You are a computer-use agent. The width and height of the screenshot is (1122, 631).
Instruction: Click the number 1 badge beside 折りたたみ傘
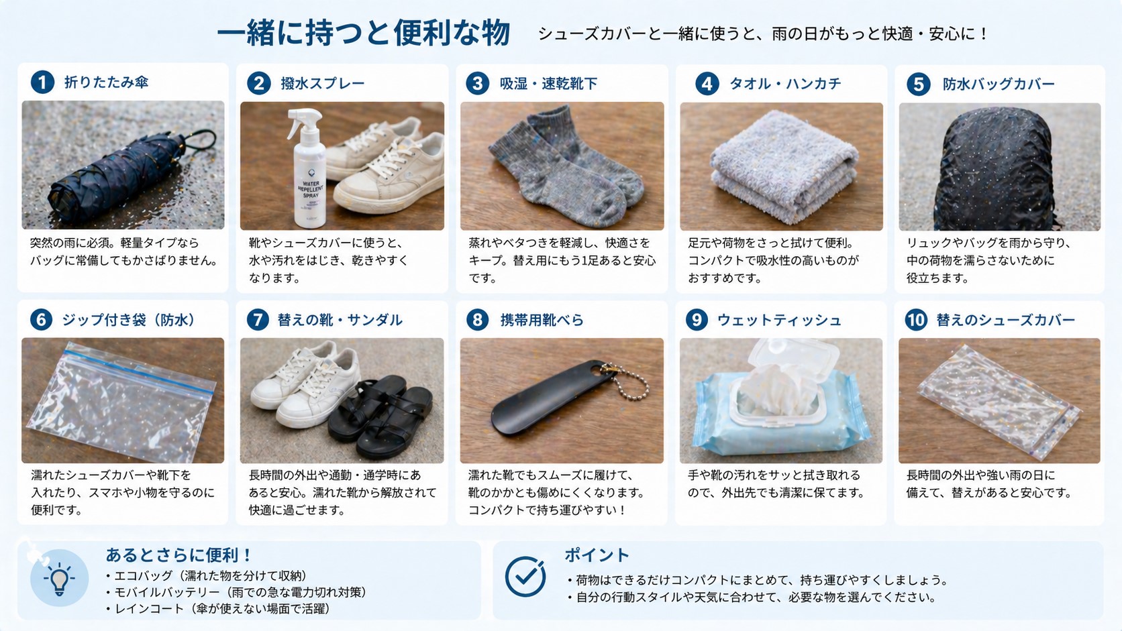click(x=42, y=82)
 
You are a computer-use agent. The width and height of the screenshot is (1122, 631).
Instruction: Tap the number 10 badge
click(x=916, y=320)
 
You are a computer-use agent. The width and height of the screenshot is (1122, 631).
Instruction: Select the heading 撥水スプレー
click(x=322, y=84)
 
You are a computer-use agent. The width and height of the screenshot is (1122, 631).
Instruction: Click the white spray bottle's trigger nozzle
click(x=298, y=118)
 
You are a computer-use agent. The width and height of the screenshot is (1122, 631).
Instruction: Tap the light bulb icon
click(x=59, y=579)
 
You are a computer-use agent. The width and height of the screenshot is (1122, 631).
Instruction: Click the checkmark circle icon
click(x=525, y=577)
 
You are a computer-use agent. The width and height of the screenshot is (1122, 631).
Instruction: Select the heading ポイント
click(x=596, y=555)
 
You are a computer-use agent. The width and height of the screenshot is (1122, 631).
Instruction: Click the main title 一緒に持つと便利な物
click(x=363, y=34)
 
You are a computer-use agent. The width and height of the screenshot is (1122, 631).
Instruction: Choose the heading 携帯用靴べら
click(x=542, y=321)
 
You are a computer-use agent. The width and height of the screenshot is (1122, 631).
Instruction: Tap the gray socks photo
click(x=562, y=166)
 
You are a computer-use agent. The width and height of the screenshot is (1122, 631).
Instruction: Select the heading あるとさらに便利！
click(x=178, y=555)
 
